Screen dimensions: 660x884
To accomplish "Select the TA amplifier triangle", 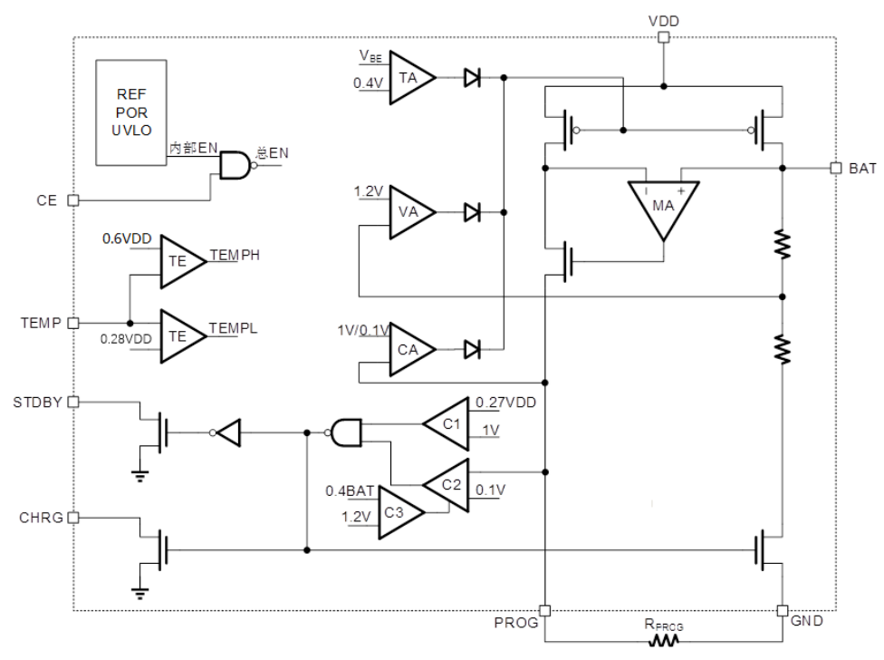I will pyautogui.click(x=408, y=78).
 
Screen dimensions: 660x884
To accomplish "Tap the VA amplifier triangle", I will pyautogui.click(x=408, y=212).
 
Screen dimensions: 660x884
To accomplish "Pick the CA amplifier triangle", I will pyautogui.click(x=408, y=348).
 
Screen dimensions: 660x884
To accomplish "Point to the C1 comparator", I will pyautogui.click(x=449, y=422).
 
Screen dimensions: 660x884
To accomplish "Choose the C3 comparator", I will pyautogui.click(x=397, y=511).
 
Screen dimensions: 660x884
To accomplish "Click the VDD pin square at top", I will pyautogui.click(x=663, y=37).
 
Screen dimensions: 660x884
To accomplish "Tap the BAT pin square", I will pyautogui.click(x=835, y=169).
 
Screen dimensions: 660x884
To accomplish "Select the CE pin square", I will pyautogui.click(x=73, y=199).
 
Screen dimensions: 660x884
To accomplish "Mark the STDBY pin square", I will pyautogui.click(x=73, y=401).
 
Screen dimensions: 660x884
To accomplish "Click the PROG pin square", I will pyautogui.click(x=545, y=610).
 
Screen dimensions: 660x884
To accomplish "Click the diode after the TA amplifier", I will pyautogui.click(x=471, y=78).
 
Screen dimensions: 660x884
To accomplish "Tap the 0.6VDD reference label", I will pyautogui.click(x=128, y=238).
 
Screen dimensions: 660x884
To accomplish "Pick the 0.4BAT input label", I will pyautogui.click(x=350, y=491).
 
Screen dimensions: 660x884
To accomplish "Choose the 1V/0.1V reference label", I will pyautogui.click(x=362, y=330).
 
